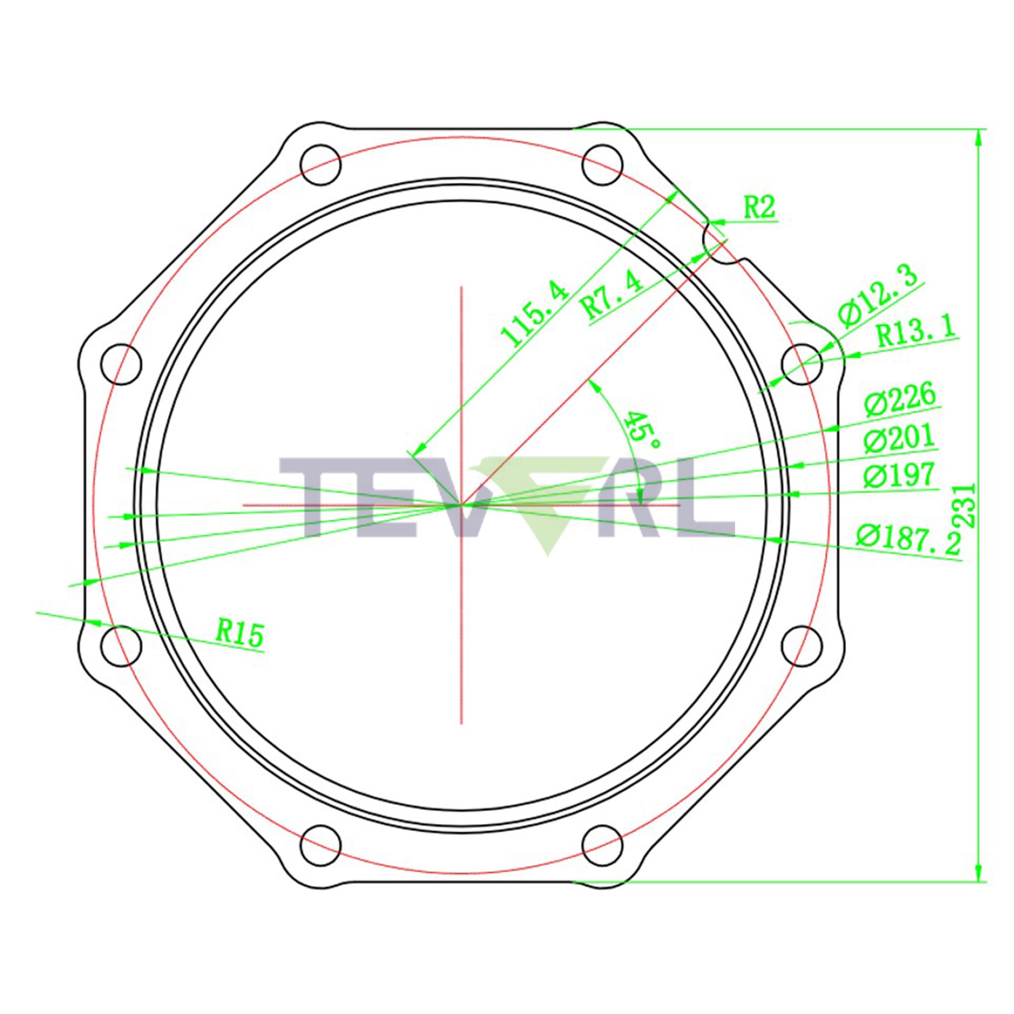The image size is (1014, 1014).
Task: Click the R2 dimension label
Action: coord(759,208)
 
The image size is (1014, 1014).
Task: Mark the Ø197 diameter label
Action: coord(899,476)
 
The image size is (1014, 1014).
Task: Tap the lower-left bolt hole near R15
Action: coord(121,646)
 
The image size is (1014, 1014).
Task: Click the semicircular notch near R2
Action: coord(721,244)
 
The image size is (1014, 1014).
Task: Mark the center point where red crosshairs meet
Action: coord(461,505)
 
